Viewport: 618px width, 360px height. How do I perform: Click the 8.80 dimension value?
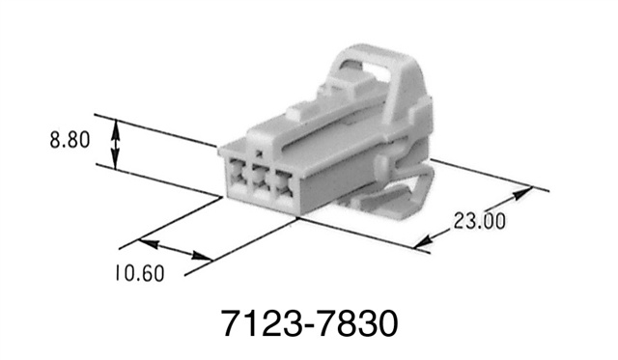70,139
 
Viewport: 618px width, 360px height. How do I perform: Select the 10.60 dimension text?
134,273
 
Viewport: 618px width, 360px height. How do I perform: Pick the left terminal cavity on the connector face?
238,180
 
